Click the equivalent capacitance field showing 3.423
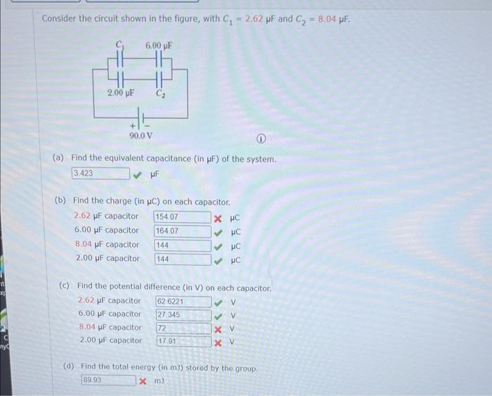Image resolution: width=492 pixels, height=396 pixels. pyautogui.click(x=100, y=173)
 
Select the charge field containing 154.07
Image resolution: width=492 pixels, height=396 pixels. pyautogui.click(x=182, y=217)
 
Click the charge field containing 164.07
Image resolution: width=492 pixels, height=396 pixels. pyautogui.click(x=182, y=231)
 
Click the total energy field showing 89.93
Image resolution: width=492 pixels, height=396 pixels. pyautogui.click(x=108, y=381)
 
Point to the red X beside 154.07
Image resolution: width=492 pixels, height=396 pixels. pyautogui.click(x=219, y=217)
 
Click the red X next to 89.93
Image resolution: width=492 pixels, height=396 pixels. pyautogui.click(x=143, y=381)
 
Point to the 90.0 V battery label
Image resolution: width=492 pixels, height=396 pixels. pyautogui.click(x=141, y=134)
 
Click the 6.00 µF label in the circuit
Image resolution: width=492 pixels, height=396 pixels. pyautogui.click(x=159, y=45)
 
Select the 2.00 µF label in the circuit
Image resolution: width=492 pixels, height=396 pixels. pyautogui.click(x=120, y=92)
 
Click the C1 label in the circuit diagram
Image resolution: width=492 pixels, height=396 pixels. pyautogui.click(x=120, y=45)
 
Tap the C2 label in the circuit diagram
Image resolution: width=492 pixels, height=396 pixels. pyautogui.click(x=160, y=92)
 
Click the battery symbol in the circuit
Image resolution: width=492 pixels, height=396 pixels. pyautogui.click(x=140, y=117)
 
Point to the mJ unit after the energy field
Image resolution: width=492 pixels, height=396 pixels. pyautogui.click(x=160, y=381)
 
